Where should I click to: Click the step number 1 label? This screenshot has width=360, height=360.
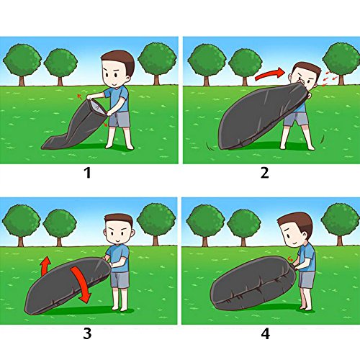[88, 173]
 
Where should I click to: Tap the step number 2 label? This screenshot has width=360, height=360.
[265, 173]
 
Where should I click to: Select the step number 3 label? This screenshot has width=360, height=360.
[87, 333]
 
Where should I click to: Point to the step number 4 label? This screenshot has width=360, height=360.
[266, 333]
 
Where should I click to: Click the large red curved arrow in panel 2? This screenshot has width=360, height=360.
[270, 73]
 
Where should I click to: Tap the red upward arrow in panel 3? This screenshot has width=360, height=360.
[45, 266]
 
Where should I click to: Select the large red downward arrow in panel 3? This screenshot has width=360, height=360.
[81, 284]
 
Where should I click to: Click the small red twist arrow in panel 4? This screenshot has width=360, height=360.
[291, 259]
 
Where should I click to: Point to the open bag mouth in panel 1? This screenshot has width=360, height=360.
[96, 108]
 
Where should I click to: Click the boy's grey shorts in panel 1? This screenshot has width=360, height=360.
[120, 120]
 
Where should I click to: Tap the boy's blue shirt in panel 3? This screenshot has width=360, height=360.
[118, 258]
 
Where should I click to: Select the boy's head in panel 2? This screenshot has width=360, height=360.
[305, 77]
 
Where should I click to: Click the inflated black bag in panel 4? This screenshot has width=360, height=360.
[253, 283]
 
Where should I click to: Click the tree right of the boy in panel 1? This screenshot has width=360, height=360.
[157, 63]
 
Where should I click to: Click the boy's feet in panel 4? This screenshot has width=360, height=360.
[306, 308]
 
